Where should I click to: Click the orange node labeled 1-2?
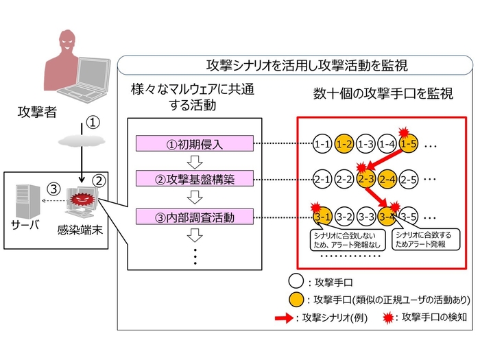[344, 144]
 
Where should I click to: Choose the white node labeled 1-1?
[322, 144]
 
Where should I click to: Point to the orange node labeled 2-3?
[365, 180]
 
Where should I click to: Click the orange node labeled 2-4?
[387, 180]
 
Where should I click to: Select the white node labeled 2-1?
[322, 180]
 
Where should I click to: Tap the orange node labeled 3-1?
[322, 217]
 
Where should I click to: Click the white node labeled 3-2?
[344, 217]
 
